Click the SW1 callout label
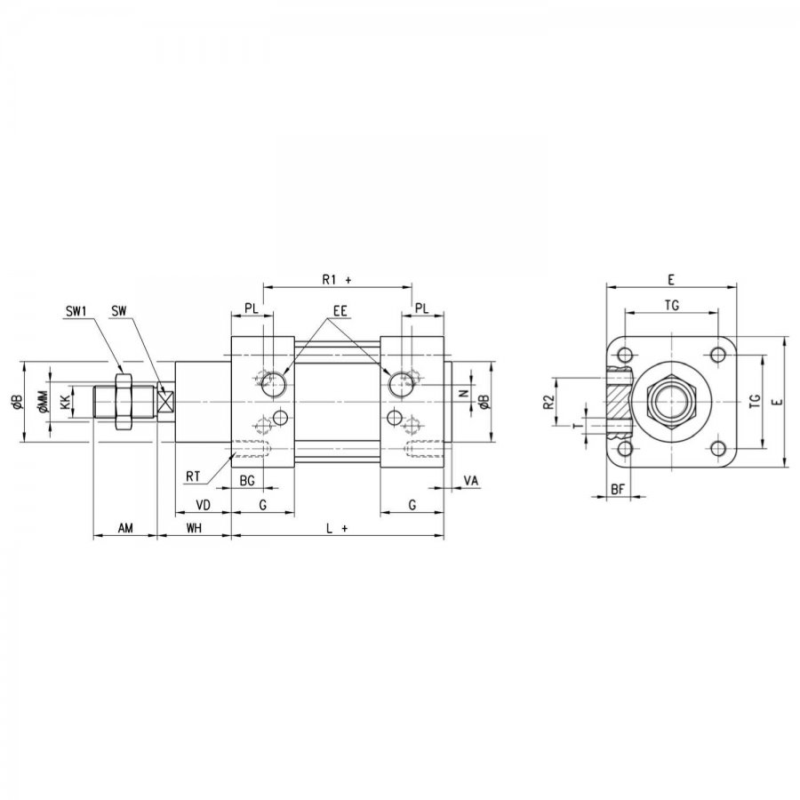tap(77, 311)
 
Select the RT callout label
tap(193, 476)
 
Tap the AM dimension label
tap(125, 528)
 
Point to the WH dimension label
tap(194, 528)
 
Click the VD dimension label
tap(203, 505)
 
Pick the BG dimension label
tap(247, 481)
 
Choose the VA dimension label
tap(471, 481)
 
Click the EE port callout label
tap(340, 311)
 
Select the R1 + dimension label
tap(337, 280)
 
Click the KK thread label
tap(65, 403)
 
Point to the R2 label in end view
tap(548, 403)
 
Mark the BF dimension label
tap(618, 490)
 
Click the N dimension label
tap(464, 394)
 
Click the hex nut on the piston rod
tap(124, 402)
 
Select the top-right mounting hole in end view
tap(718, 355)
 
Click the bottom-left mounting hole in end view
tap(625, 449)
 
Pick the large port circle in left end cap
tap(274, 384)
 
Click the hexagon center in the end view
tap(671, 402)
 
